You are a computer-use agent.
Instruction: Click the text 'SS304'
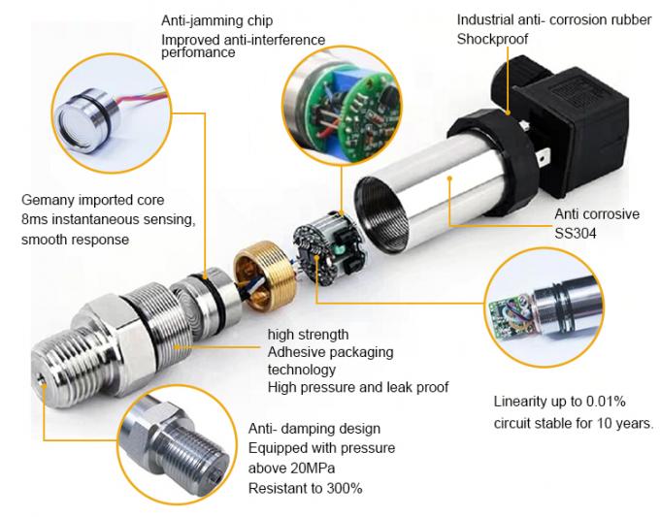(576, 233)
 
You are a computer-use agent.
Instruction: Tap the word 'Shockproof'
(492, 39)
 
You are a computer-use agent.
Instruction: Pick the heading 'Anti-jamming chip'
(216, 20)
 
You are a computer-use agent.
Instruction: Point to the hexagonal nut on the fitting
(112, 337)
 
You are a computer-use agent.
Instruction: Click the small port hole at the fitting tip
(41, 381)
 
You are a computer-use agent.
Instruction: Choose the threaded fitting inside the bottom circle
(177, 447)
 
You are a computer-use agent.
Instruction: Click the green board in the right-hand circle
(511, 314)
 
